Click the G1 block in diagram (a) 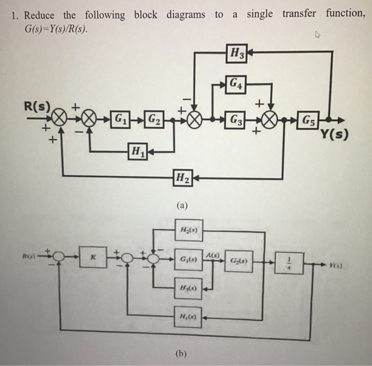tap(121, 118)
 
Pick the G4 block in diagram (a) tap(237, 84)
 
